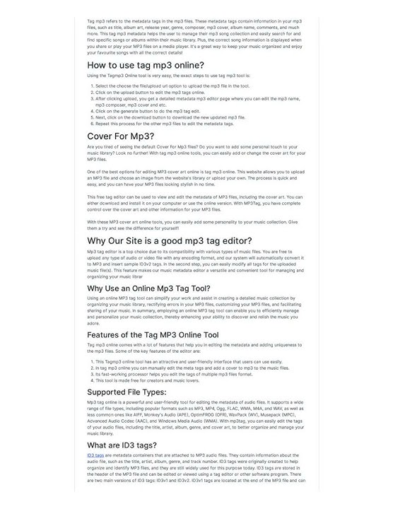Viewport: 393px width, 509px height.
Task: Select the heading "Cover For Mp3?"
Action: [x=121, y=136]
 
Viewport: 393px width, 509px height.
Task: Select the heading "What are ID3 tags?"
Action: [x=122, y=445]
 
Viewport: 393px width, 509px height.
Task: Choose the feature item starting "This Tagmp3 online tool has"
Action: [x=176, y=361]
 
